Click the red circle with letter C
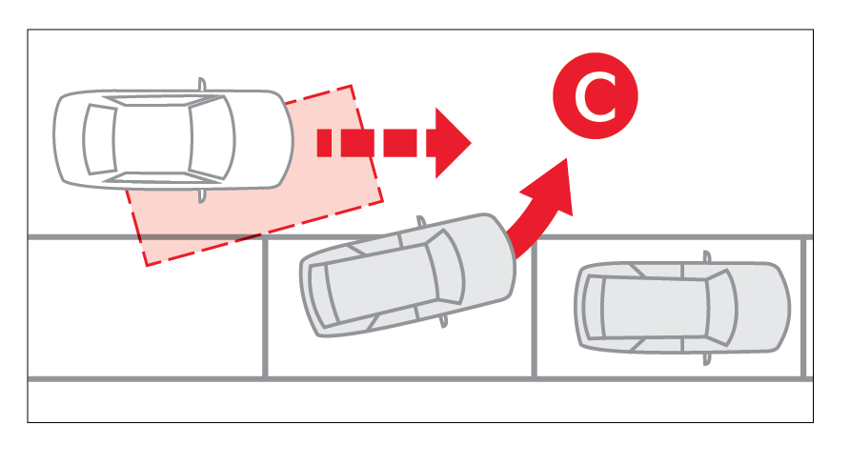596,95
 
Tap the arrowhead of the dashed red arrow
451,143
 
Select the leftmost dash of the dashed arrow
324,143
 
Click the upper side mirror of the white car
202,84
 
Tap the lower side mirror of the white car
202,196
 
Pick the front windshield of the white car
212,138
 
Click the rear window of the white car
99,139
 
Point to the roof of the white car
152,139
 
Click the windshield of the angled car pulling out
445,266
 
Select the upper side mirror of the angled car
420,220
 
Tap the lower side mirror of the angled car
444,321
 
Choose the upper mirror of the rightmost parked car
706,256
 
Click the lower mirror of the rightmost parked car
706,359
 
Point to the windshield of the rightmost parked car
722,307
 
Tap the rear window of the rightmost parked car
594,307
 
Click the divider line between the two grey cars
534,307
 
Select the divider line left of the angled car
265,307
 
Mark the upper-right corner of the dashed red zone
352,85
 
